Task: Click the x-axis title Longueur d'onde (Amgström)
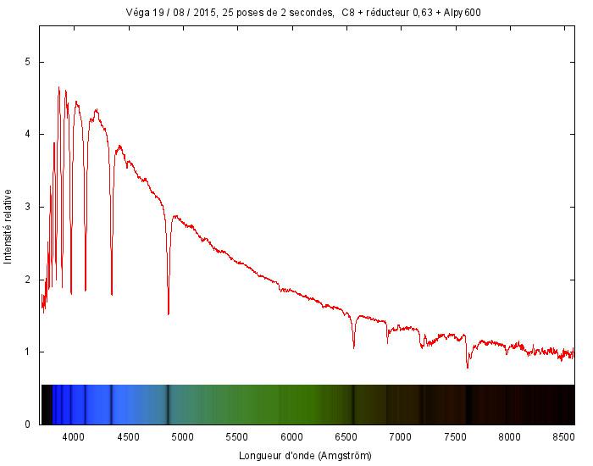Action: tap(307, 455)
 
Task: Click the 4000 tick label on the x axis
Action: tap(74, 437)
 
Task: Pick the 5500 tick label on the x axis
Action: tap(237, 437)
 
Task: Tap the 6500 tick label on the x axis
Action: tap(346, 437)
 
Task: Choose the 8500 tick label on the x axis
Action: tap(564, 437)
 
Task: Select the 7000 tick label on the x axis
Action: tap(401, 437)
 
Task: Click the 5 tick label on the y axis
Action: tap(28, 62)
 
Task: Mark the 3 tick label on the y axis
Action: tap(28, 207)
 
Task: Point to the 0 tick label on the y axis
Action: tap(28, 424)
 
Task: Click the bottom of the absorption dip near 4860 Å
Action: tap(168, 313)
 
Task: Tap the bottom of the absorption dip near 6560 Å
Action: tap(353, 347)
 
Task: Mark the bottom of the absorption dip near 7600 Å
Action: tap(467, 367)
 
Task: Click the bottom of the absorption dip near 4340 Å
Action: tap(112, 294)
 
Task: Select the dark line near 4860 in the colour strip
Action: tap(168, 404)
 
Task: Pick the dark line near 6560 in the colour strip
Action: tap(353, 404)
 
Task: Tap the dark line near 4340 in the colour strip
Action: tap(112, 404)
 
